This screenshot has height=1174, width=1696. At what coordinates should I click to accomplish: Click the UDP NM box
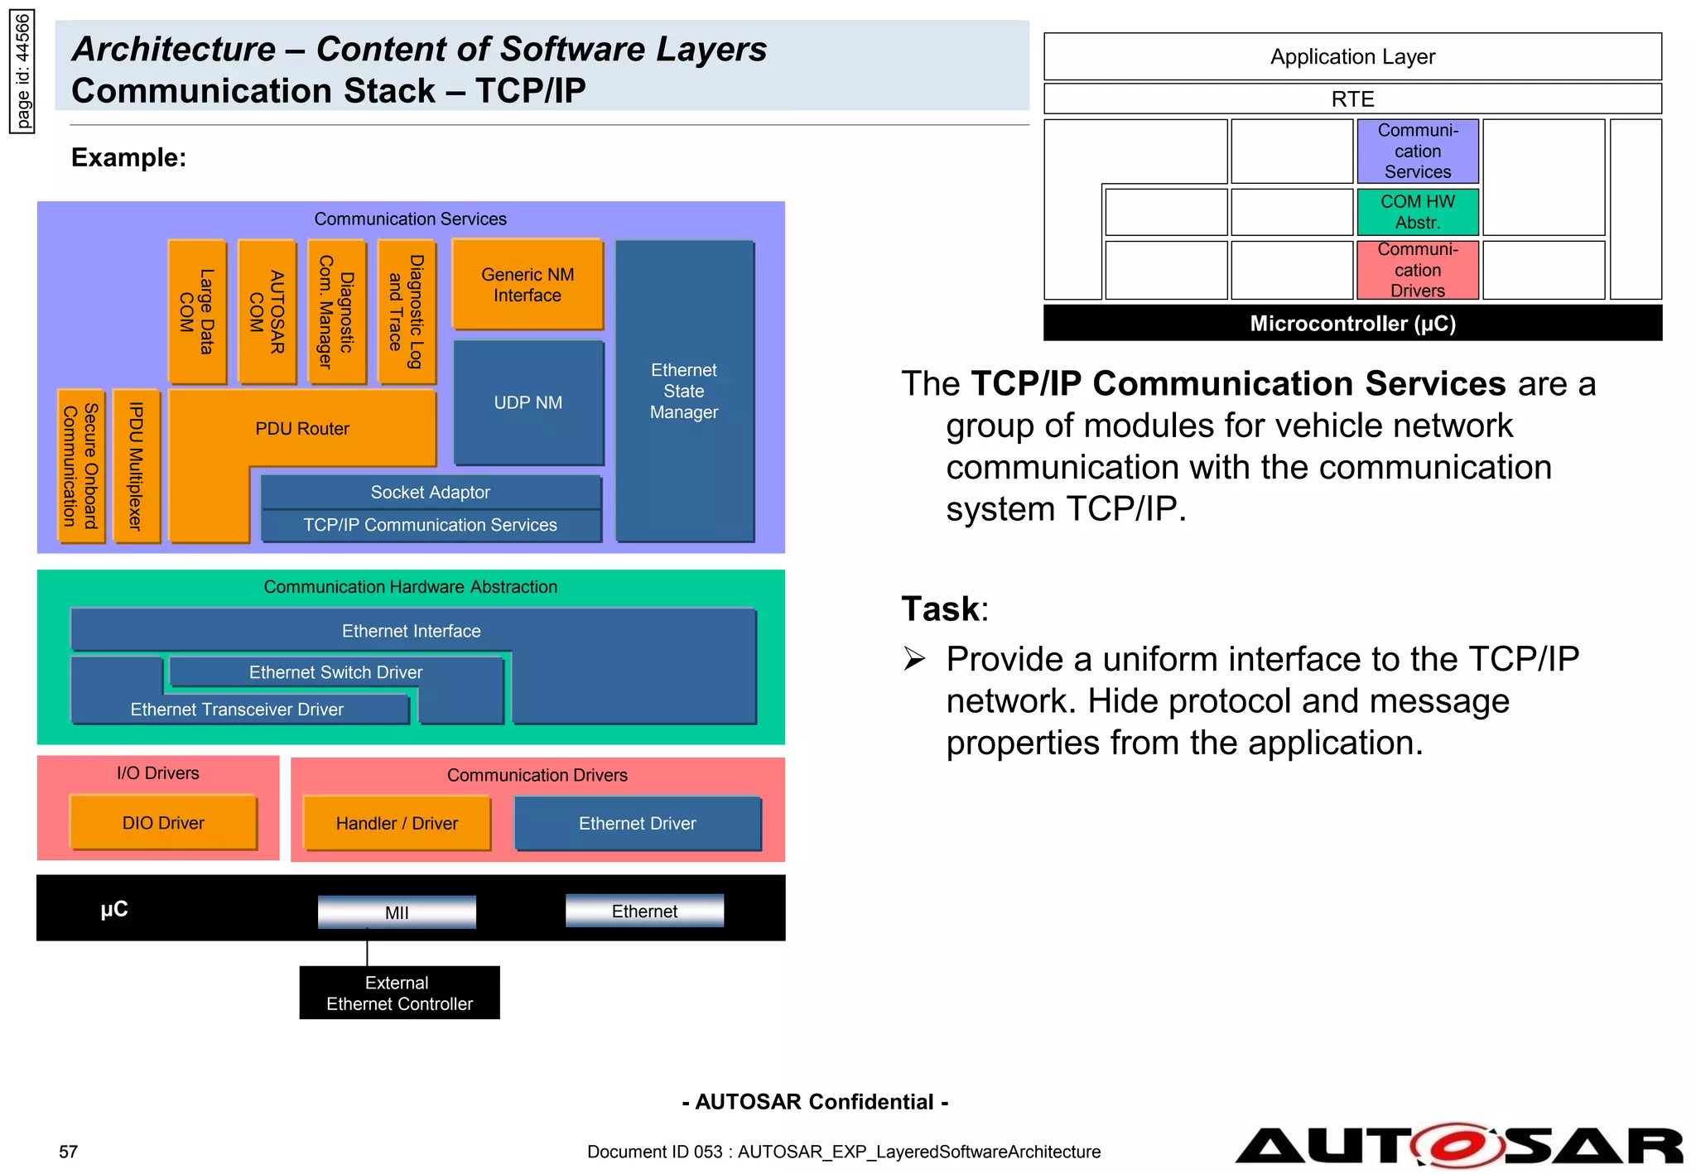tap(528, 402)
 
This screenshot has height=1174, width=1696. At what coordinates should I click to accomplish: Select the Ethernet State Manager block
tap(684, 391)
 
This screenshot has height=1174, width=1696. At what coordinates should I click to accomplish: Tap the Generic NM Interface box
tap(528, 285)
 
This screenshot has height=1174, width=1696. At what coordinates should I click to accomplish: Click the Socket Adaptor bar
tap(431, 492)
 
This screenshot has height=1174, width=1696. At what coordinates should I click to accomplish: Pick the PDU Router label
tap(302, 429)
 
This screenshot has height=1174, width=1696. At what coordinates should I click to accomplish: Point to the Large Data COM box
tap(197, 312)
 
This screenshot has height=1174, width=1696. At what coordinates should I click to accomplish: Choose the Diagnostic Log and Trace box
tap(407, 312)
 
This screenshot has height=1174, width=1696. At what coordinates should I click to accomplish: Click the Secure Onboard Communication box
tap(81, 466)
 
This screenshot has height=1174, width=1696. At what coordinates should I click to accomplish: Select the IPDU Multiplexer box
tap(136, 466)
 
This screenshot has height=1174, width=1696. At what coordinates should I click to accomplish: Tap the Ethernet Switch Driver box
tap(335, 672)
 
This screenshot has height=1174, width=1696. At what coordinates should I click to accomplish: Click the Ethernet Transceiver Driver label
tap(237, 710)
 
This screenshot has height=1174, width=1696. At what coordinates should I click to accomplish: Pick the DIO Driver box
tap(163, 823)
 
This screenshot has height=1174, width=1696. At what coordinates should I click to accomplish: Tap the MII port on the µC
tap(397, 912)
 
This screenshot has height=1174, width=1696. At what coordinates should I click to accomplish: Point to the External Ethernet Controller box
tap(399, 993)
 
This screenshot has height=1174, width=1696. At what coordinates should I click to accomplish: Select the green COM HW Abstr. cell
tap(1417, 212)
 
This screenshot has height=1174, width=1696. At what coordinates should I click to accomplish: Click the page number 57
tap(68, 1152)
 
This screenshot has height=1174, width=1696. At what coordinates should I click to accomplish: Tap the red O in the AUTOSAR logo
tap(1459, 1146)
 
